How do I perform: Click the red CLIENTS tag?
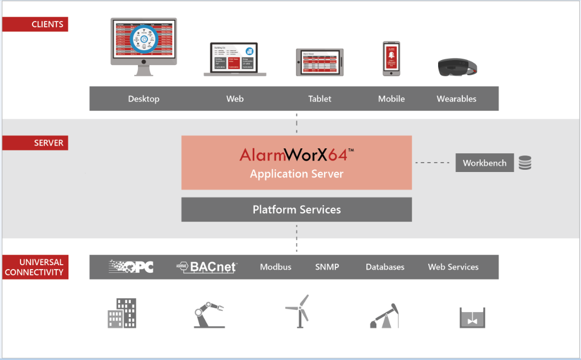click(x=35, y=24)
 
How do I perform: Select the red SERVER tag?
click(x=35, y=143)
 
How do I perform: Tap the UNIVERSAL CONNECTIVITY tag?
click(x=35, y=267)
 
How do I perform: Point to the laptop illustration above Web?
click(x=235, y=58)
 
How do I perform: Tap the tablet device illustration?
click(x=320, y=62)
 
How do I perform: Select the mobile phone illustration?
click(x=391, y=58)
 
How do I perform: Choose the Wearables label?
click(x=456, y=99)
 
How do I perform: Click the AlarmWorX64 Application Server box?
click(x=296, y=163)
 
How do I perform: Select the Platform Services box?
click(x=296, y=209)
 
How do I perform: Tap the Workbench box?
click(x=484, y=163)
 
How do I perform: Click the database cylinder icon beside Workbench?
click(x=525, y=163)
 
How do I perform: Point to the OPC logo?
click(x=131, y=267)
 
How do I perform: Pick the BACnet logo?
click(x=207, y=267)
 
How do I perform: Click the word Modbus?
click(x=275, y=267)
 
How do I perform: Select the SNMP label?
click(x=327, y=267)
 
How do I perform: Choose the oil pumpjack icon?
click(x=384, y=315)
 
